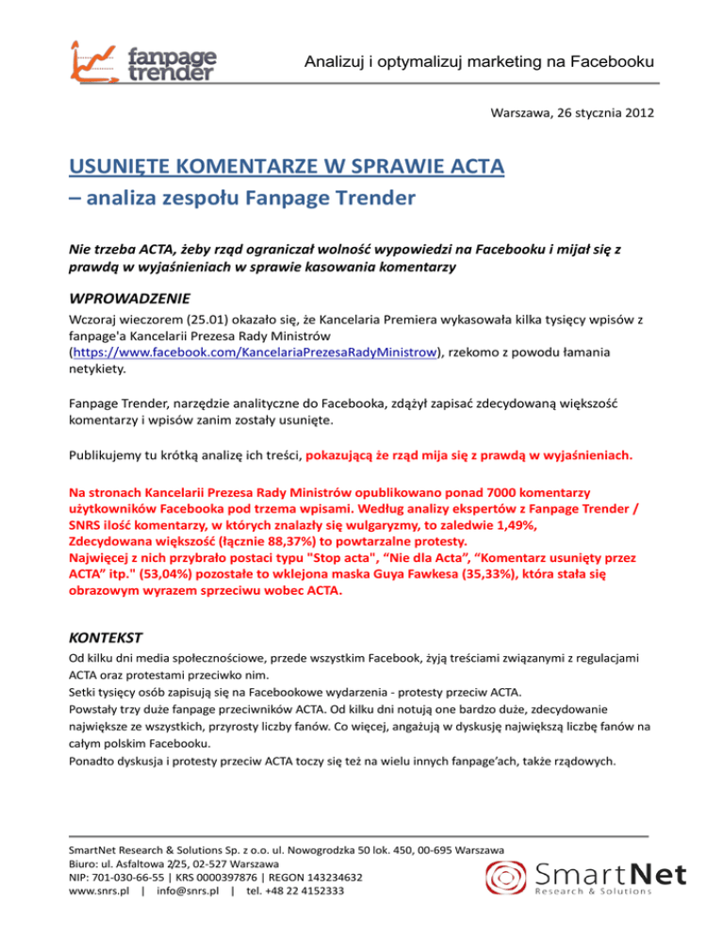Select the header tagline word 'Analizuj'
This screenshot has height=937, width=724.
[332, 62]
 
